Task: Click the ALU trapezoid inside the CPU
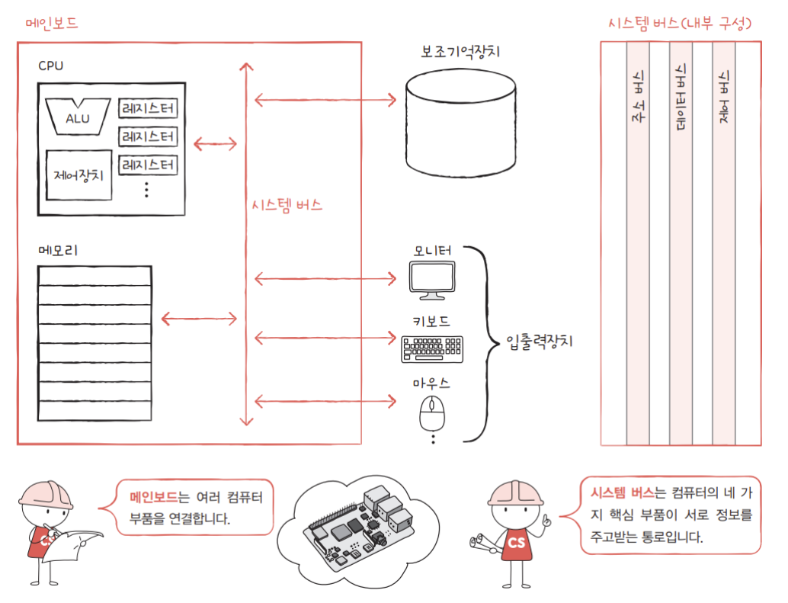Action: point(77,115)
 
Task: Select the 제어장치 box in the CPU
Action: point(78,173)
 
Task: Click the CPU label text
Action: point(50,66)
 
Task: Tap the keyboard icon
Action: point(432,348)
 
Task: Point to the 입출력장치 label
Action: point(539,342)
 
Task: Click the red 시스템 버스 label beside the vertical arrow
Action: point(287,205)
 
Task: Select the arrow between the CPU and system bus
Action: point(216,143)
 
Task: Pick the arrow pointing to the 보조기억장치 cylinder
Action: point(325,98)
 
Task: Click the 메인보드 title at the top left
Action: point(52,23)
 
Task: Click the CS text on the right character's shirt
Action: point(516,542)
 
